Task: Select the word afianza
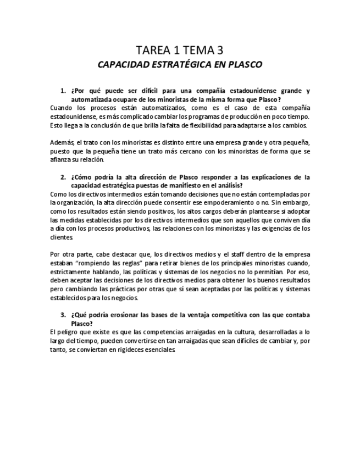coord(60,160)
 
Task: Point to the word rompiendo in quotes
coord(95,263)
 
